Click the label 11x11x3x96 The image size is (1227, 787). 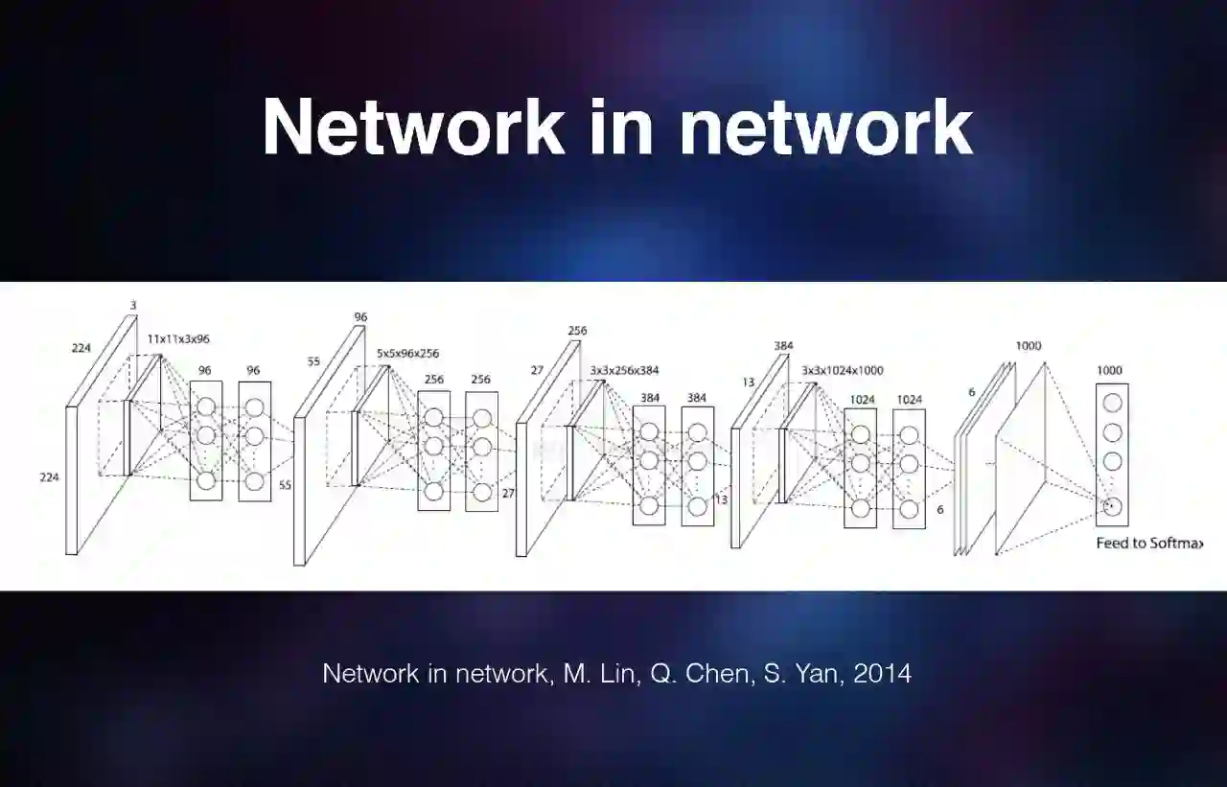178,339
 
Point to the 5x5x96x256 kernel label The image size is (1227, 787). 407,354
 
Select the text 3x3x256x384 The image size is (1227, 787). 624,370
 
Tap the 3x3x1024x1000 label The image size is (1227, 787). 842,370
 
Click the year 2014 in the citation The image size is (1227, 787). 881,673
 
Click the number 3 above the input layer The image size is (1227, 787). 133,305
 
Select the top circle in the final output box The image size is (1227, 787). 1112,403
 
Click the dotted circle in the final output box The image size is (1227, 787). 1112,506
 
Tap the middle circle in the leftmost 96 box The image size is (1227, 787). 205,436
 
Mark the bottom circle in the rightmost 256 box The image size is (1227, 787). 481,492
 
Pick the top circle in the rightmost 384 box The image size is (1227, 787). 697,432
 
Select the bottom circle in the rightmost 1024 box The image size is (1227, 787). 908,509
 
